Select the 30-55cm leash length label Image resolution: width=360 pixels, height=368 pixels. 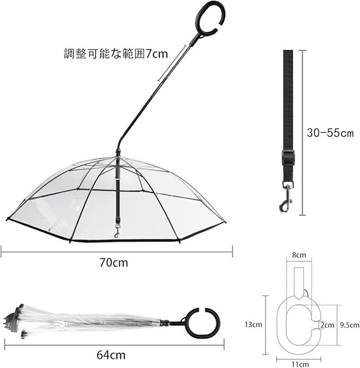click(330, 133)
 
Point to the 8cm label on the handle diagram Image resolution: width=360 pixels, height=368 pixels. click(299, 255)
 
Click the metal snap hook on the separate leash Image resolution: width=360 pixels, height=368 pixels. click(286, 198)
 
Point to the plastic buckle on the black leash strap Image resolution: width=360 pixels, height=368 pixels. click(287, 158)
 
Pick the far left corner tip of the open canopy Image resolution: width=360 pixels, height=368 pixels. click(7, 219)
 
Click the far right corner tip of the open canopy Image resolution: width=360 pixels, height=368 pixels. click(225, 222)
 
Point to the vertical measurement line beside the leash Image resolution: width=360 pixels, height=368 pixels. click(303, 132)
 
